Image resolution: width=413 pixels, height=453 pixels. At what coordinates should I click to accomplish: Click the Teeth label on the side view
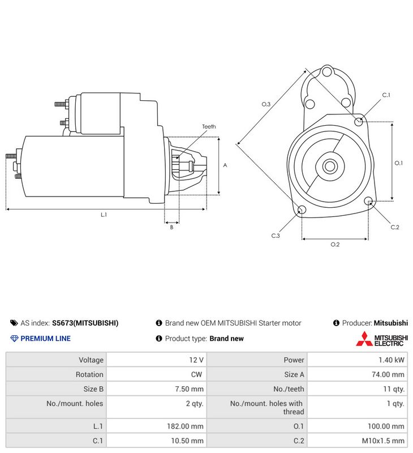pyautogui.click(x=209, y=126)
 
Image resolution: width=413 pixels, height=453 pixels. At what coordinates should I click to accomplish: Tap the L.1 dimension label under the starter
pyautogui.click(x=104, y=215)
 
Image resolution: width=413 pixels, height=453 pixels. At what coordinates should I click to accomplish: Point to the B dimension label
pyautogui.click(x=172, y=228)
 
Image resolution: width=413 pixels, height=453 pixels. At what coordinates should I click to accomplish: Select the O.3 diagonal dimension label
pyautogui.click(x=266, y=104)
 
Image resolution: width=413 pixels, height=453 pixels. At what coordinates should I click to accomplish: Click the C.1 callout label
pyautogui.click(x=386, y=95)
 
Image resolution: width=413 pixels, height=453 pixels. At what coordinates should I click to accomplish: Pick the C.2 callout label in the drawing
pyautogui.click(x=395, y=228)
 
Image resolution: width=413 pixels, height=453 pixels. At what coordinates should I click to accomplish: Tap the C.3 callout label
pyautogui.click(x=276, y=236)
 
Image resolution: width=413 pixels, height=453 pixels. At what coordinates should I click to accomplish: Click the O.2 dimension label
pyautogui.click(x=335, y=245)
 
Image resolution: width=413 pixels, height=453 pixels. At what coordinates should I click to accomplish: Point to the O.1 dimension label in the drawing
pyautogui.click(x=398, y=163)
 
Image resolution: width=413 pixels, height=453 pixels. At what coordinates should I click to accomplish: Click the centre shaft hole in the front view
pyautogui.click(x=330, y=166)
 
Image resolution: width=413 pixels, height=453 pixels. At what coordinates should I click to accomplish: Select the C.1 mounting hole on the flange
pyautogui.click(x=359, y=121)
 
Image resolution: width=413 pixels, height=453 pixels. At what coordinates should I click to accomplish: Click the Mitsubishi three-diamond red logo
pyautogui.click(x=364, y=339)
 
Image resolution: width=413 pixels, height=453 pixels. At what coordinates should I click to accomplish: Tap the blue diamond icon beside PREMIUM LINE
pyautogui.click(x=14, y=339)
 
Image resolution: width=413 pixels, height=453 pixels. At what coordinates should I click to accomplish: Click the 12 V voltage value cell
pyautogui.click(x=196, y=360)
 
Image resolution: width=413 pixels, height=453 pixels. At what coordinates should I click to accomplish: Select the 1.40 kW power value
pyautogui.click(x=392, y=360)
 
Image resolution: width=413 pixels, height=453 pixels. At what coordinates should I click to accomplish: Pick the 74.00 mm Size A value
pyautogui.click(x=388, y=374)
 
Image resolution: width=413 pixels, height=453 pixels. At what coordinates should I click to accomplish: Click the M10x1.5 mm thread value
pyautogui.click(x=383, y=441)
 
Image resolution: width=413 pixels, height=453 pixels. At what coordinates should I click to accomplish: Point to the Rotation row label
pyautogui.click(x=89, y=374)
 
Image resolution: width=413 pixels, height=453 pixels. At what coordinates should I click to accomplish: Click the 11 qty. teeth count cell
pyautogui.click(x=394, y=389)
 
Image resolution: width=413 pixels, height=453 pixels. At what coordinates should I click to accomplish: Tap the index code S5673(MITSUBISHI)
pyautogui.click(x=85, y=323)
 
